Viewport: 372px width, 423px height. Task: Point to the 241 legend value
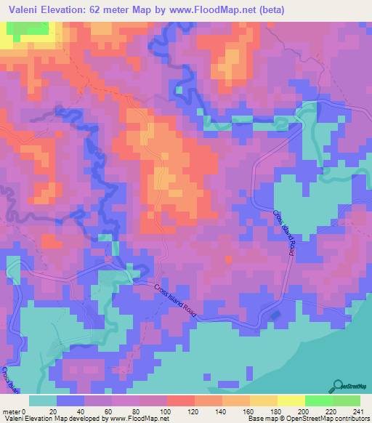(355, 412)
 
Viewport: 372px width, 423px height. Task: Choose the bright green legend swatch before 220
(318, 400)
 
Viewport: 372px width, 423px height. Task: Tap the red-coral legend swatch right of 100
(180, 400)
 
